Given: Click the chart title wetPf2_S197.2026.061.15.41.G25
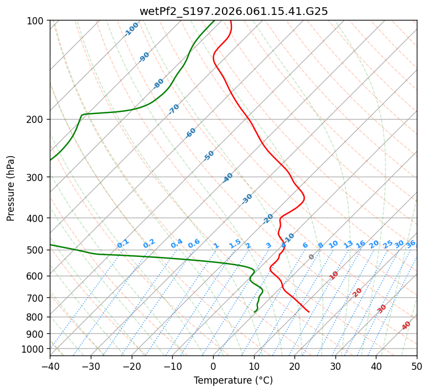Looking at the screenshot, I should [233, 11].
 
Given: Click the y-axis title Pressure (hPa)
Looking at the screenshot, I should [11, 188].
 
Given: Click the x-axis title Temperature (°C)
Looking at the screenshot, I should [233, 380].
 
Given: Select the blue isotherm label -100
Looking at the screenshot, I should [131, 29].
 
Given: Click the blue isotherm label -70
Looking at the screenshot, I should [174, 109].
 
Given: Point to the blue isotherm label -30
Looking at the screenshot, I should [247, 199].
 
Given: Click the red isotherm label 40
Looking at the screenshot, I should [406, 326].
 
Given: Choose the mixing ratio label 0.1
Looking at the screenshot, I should [123, 243].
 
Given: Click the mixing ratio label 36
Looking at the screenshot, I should [411, 244].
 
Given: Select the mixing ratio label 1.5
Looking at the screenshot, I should [235, 243].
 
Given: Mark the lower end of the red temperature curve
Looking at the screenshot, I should [309, 312].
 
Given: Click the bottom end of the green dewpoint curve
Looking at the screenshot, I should [255, 312].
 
